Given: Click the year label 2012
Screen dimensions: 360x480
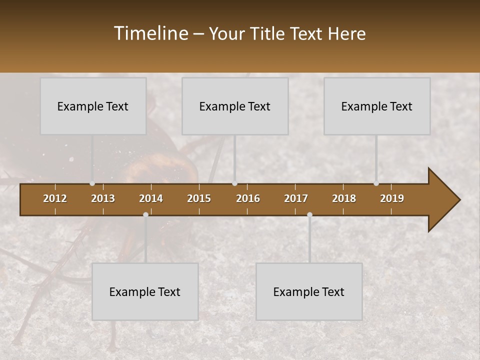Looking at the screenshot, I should tap(55, 198).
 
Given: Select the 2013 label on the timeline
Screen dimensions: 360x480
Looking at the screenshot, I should tap(103, 198).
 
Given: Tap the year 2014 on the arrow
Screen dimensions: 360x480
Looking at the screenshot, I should tap(151, 198).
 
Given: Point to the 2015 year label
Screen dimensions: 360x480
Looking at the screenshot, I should tap(199, 198).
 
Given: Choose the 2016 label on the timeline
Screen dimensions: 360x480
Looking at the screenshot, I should tap(248, 198).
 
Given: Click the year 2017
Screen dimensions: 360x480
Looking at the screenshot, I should tap(296, 198).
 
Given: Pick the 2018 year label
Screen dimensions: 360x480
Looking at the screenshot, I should tap(344, 198).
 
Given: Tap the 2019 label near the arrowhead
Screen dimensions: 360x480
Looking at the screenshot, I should tap(392, 198).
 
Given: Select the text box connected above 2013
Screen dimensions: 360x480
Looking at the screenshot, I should tap(93, 106).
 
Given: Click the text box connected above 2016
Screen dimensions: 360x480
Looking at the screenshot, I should tap(235, 106).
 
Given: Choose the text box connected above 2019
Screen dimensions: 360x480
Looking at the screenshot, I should tap(377, 106).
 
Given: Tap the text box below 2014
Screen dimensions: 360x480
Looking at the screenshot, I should tap(145, 291).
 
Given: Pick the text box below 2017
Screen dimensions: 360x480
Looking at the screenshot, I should tap(309, 291).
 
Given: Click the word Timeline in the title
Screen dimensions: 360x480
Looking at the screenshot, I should tap(151, 33).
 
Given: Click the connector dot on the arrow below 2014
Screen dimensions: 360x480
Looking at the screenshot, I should tap(145, 214).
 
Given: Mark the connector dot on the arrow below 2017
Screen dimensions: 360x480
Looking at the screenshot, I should tap(309, 214).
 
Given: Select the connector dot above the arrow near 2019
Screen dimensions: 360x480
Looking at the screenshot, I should tap(376, 183).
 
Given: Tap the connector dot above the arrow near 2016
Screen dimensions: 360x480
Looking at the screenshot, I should tap(234, 183).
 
